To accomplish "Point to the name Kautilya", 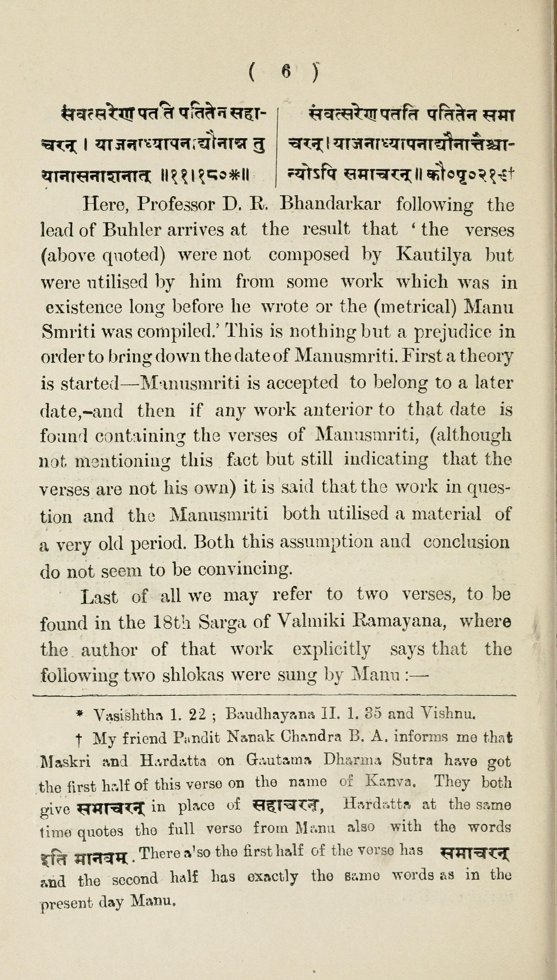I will tap(433, 255).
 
